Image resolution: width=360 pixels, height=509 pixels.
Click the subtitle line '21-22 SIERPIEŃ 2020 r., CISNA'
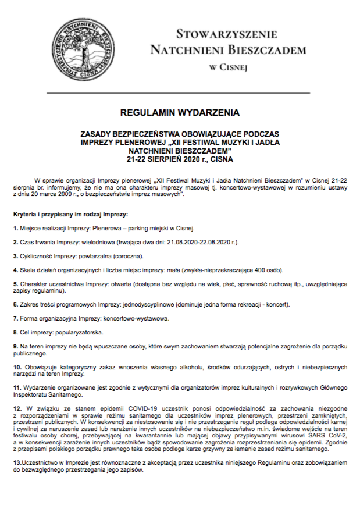(x=180, y=158)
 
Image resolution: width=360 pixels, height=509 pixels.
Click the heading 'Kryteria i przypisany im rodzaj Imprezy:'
(x=65, y=215)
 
